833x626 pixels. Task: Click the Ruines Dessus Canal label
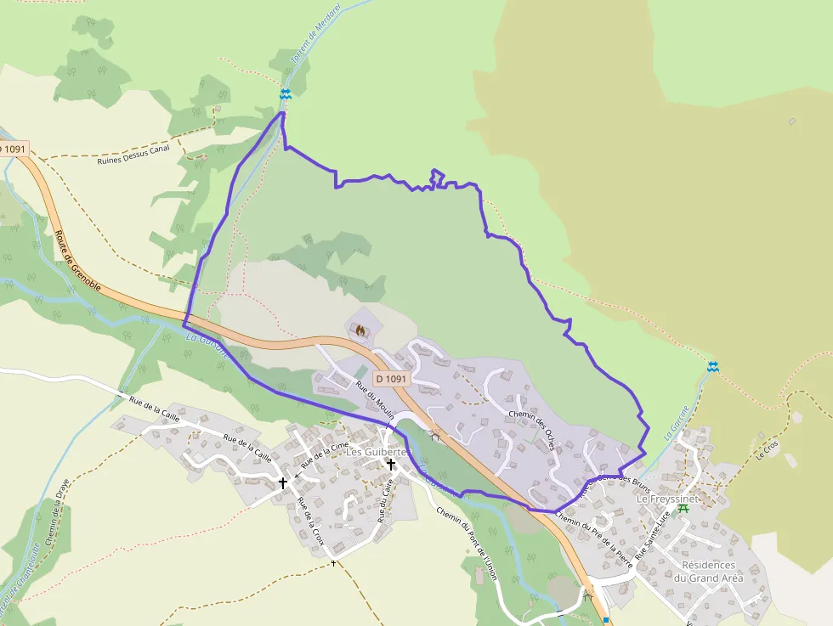tap(133, 154)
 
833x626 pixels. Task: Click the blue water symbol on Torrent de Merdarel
tap(286, 94)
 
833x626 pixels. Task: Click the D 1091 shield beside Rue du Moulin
tap(390, 379)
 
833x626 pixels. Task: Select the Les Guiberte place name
tap(377, 452)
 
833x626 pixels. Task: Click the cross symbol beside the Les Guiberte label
tap(391, 465)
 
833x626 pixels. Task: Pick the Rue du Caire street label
tap(384, 500)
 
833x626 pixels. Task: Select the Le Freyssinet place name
tap(666, 499)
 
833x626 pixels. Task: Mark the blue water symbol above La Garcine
tap(712, 366)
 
